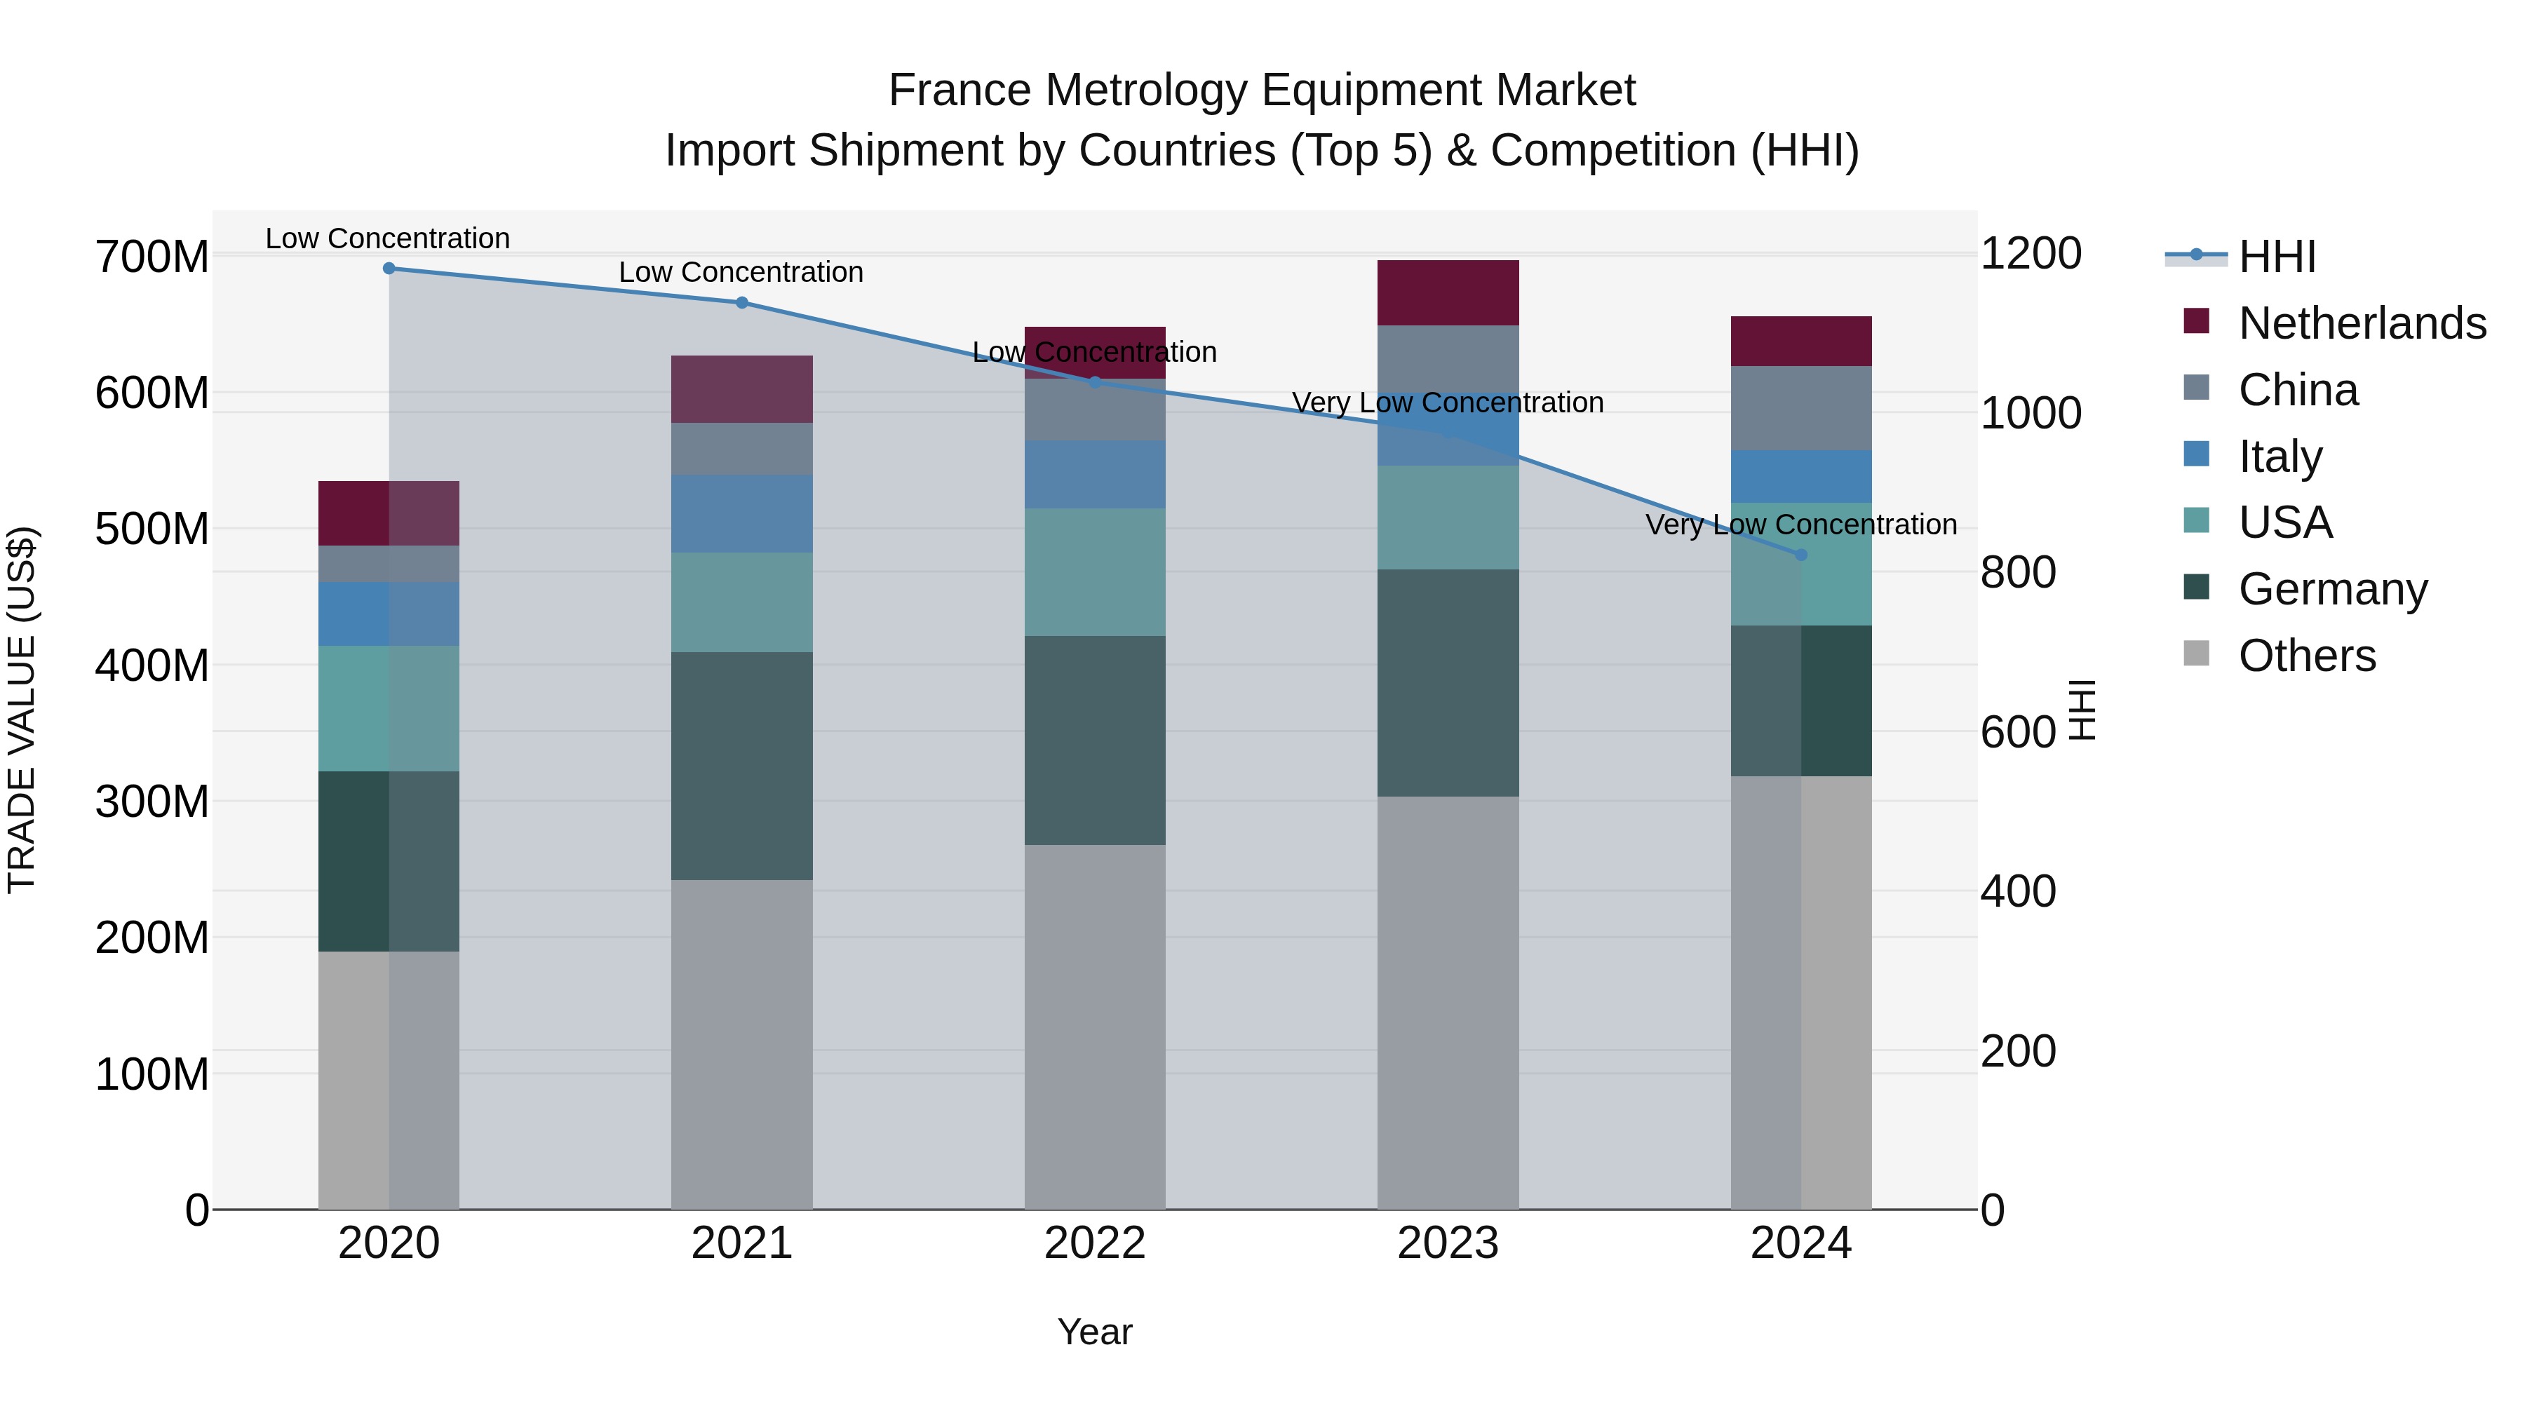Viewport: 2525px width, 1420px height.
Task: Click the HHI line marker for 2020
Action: coord(389,268)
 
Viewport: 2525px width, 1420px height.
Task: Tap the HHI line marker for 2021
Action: coord(742,303)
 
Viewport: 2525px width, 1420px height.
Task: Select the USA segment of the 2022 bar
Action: coord(1095,572)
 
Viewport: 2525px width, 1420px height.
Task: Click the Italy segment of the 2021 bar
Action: coord(742,513)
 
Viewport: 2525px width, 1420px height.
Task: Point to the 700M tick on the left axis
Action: coord(152,258)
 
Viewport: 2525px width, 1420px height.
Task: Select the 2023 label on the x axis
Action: coord(1448,1243)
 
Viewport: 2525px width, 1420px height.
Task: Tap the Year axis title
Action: coord(1095,1332)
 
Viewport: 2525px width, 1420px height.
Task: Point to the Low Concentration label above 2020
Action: coord(388,238)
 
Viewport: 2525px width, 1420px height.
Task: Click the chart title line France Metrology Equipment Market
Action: coord(1262,90)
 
